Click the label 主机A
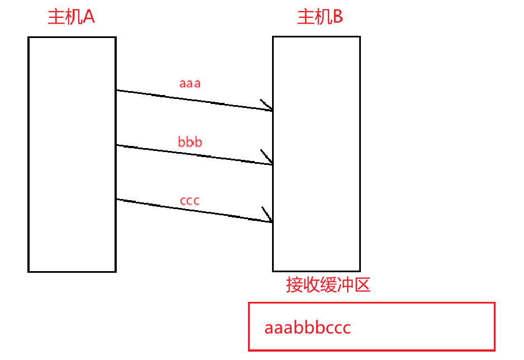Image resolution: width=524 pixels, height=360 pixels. pyautogui.click(x=71, y=17)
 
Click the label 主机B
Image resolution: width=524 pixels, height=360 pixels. pyautogui.click(x=320, y=17)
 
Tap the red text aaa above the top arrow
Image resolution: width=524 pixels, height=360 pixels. pyautogui.click(x=190, y=84)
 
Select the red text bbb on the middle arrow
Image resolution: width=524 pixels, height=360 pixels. pyautogui.click(x=190, y=142)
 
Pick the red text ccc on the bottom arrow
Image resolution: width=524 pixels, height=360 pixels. pyautogui.click(x=190, y=200)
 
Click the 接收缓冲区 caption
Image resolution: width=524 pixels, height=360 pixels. pyautogui.click(x=328, y=285)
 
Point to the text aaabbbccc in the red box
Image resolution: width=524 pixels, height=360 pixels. pyautogui.click(x=308, y=328)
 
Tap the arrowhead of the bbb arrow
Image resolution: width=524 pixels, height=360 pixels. pyautogui.click(x=270, y=163)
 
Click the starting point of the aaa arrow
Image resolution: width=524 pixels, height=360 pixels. pyautogui.click(x=117, y=90)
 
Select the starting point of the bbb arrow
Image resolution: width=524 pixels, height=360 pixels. pyautogui.click(x=117, y=145)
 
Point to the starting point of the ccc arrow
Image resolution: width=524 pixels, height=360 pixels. pyautogui.click(x=117, y=199)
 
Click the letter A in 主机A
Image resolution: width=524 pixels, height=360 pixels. pyautogui.click(x=88, y=17)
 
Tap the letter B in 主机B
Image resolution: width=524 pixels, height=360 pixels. pyautogui.click(x=337, y=17)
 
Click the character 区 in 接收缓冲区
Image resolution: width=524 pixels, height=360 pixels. pyautogui.click(x=363, y=285)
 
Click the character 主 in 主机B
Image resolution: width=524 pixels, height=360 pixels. pyautogui.click(x=305, y=17)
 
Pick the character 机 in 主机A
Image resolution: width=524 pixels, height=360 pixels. pyautogui.click(x=73, y=17)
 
